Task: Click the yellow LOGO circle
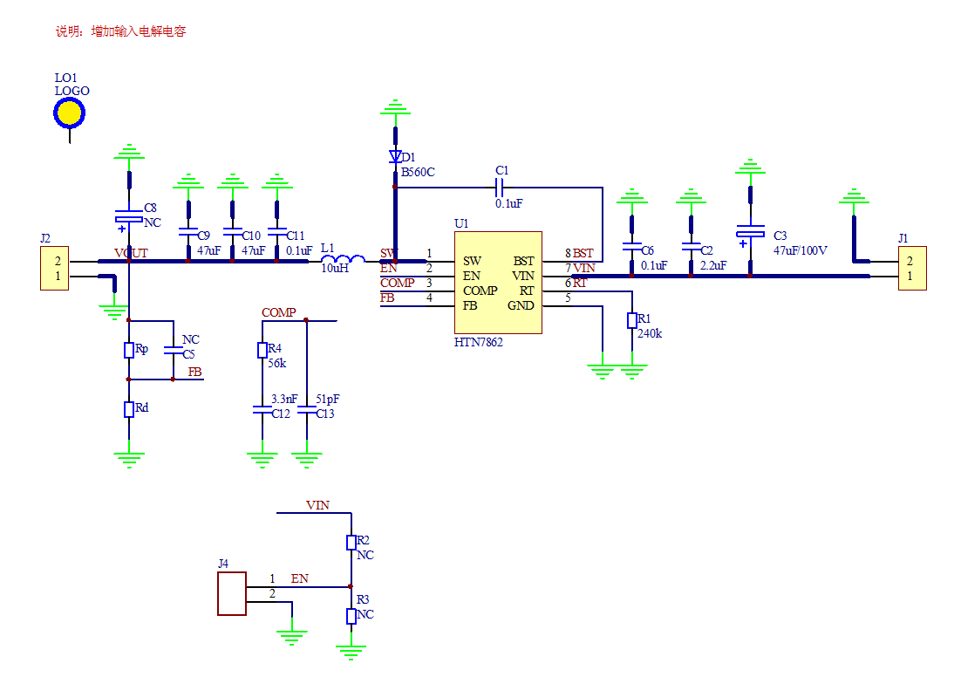[70, 113]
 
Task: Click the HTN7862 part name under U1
[479, 343]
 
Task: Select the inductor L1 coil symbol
[343, 259]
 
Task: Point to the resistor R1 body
[632, 321]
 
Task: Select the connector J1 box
[912, 268]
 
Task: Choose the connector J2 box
[54, 269]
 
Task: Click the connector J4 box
[232, 593]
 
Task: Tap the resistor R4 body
[262, 350]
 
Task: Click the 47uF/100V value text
[801, 250]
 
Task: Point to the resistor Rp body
[128, 350]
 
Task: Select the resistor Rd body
[128, 409]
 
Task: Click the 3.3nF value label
[283, 399]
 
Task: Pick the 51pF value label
[327, 399]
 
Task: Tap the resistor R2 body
[351, 543]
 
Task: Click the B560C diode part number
[418, 173]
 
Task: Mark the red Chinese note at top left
[120, 31]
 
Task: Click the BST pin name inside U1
[523, 261]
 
